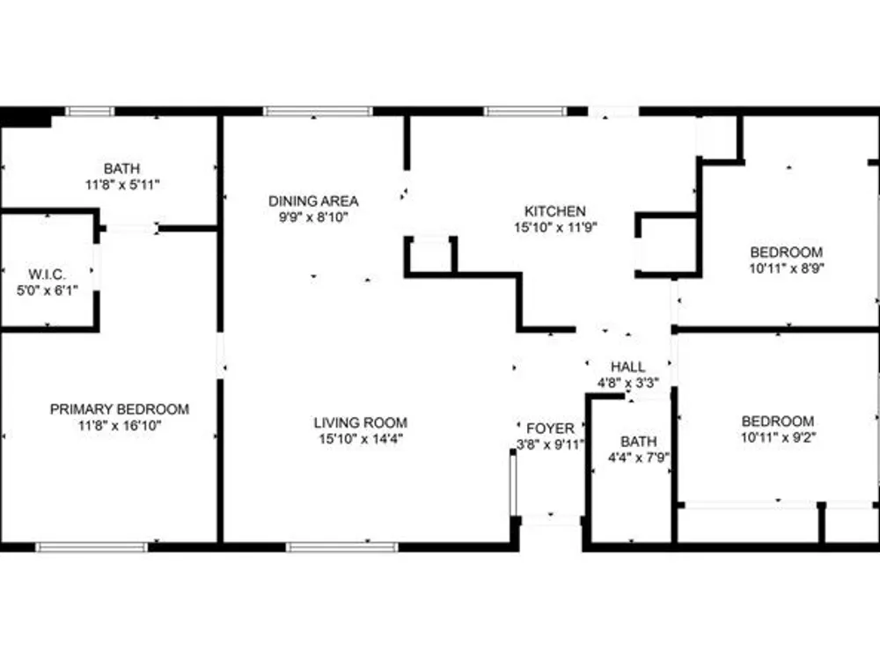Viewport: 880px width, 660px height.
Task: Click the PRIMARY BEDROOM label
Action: pyautogui.click(x=120, y=409)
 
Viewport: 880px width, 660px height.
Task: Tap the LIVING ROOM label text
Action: pyautogui.click(x=360, y=422)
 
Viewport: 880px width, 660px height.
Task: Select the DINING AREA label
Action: pyautogui.click(x=313, y=201)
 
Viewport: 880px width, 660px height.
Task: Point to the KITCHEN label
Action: pyautogui.click(x=555, y=211)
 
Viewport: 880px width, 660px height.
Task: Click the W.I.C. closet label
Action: pyautogui.click(x=48, y=275)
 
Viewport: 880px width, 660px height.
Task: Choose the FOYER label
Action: pyautogui.click(x=551, y=429)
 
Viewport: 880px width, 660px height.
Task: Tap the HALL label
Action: pyautogui.click(x=628, y=367)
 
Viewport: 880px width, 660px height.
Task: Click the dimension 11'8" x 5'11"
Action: pyautogui.click(x=122, y=184)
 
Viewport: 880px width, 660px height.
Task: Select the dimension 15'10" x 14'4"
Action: pyautogui.click(x=361, y=439)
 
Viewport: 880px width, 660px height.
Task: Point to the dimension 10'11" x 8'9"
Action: pyautogui.click(x=787, y=268)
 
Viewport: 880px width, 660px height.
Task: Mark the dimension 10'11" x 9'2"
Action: pyautogui.click(x=779, y=437)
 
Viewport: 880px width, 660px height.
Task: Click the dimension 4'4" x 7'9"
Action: pyautogui.click(x=639, y=458)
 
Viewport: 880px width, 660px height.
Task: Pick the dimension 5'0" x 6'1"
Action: pyautogui.click(x=48, y=290)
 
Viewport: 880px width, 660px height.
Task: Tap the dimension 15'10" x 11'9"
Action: pyautogui.click(x=555, y=227)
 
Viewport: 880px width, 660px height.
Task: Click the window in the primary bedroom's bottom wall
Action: pyautogui.click(x=92, y=547)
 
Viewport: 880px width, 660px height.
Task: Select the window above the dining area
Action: pyautogui.click(x=318, y=111)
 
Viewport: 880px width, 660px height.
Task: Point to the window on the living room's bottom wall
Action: pyautogui.click(x=341, y=547)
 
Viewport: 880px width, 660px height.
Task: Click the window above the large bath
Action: pyautogui.click(x=90, y=111)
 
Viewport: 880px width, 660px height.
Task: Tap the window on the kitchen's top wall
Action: pyautogui.click(x=526, y=111)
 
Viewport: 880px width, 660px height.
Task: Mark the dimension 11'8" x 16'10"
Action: pyautogui.click(x=120, y=425)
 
